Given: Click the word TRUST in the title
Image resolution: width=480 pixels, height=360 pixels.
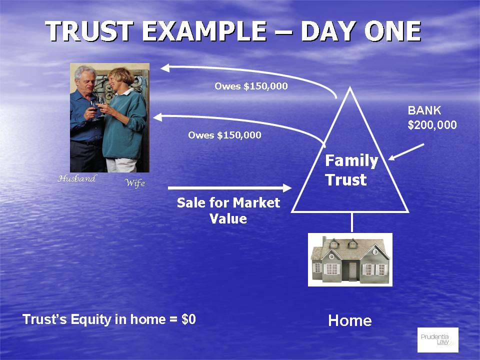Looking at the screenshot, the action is click(89, 31).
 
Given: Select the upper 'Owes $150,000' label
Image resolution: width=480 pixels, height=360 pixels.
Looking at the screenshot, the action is click(251, 86).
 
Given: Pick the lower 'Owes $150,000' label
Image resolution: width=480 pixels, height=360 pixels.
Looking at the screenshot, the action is click(224, 135).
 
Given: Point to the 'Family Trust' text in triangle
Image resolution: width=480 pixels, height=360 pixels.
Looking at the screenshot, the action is click(351, 170).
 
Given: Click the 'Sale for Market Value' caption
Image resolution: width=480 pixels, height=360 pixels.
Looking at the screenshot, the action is click(228, 210).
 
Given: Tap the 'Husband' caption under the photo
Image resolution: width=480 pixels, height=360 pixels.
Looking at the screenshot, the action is click(77, 178).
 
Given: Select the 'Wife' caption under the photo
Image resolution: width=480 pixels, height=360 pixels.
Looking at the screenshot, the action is click(134, 183).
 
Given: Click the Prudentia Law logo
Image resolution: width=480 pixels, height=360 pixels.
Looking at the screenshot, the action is click(438, 340).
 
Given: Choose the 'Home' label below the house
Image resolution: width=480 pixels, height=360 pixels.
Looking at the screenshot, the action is click(350, 320).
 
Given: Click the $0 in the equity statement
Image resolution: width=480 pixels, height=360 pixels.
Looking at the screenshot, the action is click(188, 319).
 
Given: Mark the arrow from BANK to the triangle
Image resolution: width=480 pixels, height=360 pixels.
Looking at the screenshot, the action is click(406, 152).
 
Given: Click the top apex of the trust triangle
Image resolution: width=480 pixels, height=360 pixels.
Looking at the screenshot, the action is click(350, 87).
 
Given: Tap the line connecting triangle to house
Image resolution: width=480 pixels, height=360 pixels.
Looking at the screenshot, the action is click(351, 222).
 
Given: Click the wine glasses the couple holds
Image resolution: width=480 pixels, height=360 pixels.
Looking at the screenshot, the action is click(98, 108).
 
